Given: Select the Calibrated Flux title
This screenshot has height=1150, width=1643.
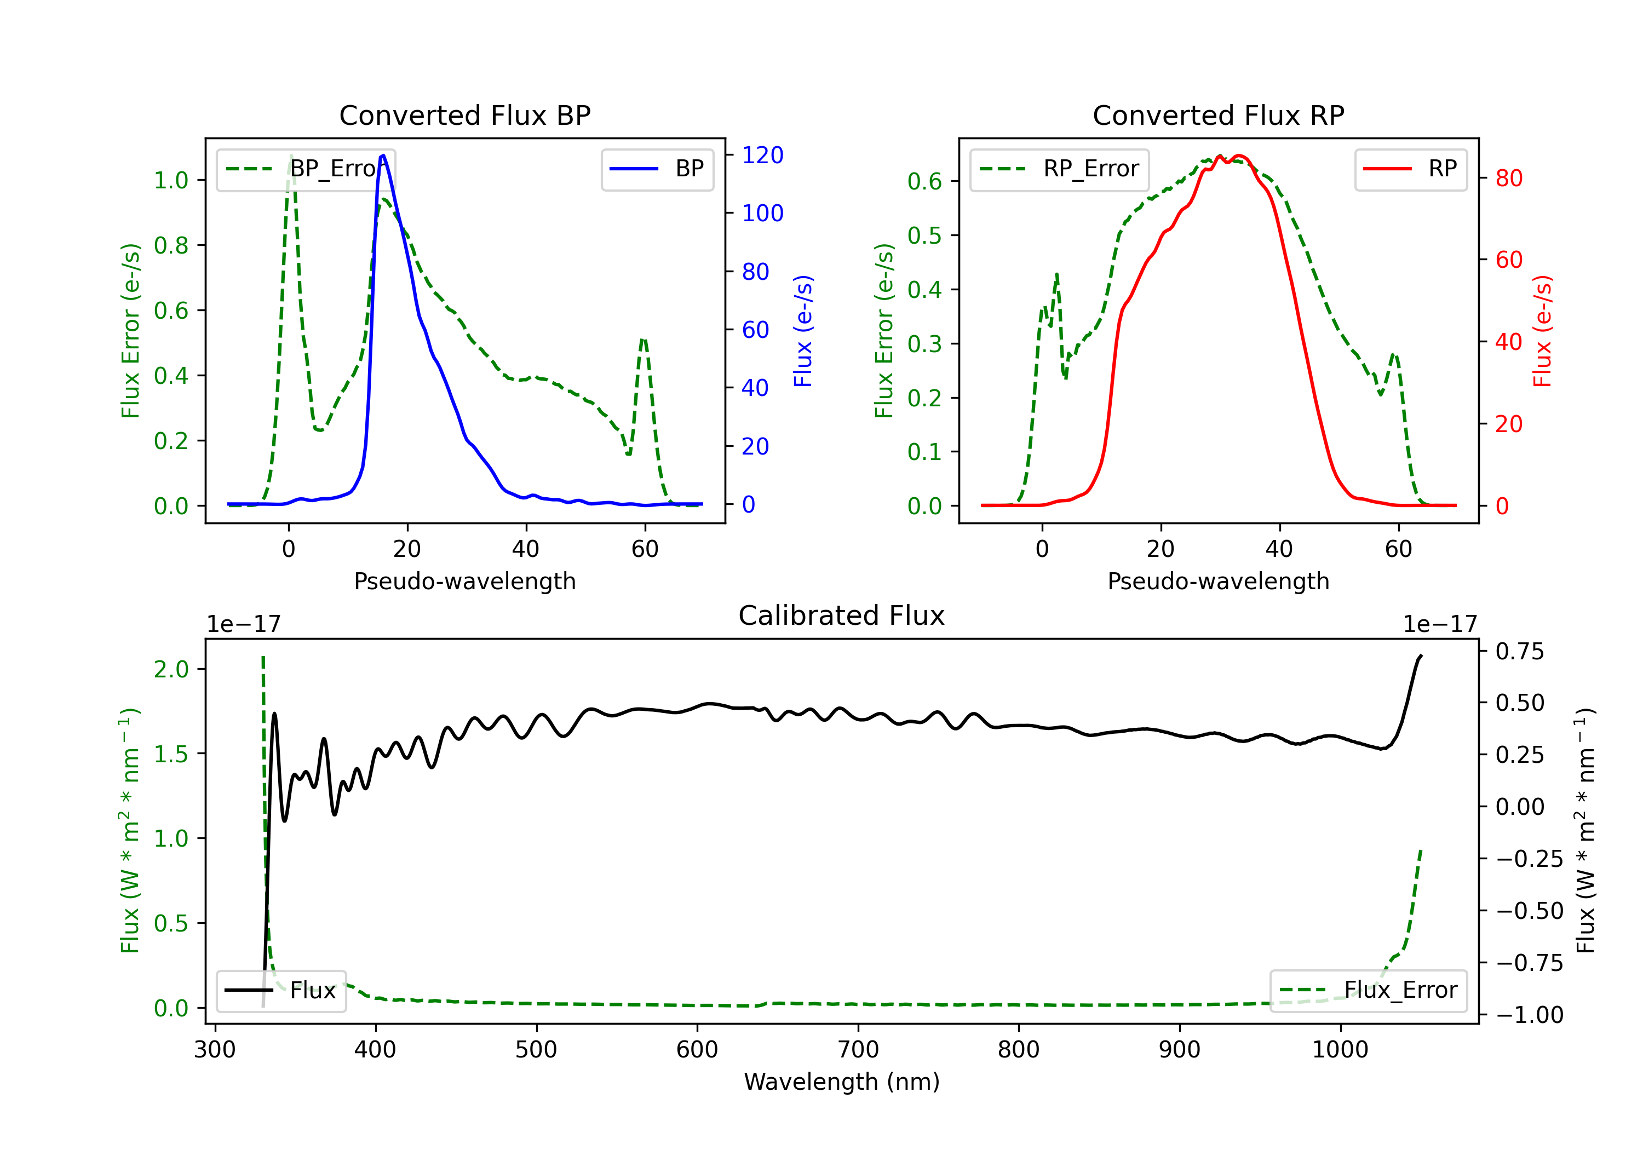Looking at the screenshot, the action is tap(842, 616).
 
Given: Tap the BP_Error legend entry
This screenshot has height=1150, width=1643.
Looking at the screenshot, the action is tap(306, 169).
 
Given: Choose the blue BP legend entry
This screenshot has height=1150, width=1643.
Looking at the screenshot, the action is tap(657, 169).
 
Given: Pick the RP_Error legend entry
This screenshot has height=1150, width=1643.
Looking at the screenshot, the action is tap(1059, 169).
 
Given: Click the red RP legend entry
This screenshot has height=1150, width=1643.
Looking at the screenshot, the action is tap(1410, 169).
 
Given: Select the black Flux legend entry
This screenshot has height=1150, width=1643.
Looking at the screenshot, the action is tap(280, 991).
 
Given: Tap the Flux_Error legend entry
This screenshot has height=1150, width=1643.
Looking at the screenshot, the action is tap(1368, 991).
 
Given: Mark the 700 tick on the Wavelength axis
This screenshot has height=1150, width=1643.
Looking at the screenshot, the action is tap(858, 1050).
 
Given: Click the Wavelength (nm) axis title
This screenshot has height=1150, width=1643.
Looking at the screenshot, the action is tap(842, 1082).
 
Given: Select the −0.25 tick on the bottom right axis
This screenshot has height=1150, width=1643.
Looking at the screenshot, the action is tap(1529, 859).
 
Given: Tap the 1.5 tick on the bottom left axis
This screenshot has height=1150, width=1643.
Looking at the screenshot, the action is tap(172, 754).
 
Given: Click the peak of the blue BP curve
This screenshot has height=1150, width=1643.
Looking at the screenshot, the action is tap(383, 156).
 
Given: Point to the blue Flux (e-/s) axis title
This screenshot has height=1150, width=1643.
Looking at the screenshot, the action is tap(803, 331).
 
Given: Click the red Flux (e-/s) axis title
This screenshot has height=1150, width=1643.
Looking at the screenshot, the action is tap(1542, 331).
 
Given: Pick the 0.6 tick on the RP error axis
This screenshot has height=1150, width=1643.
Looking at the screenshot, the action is tap(925, 181).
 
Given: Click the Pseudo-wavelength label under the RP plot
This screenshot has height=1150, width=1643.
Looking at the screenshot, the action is tap(1219, 581).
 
